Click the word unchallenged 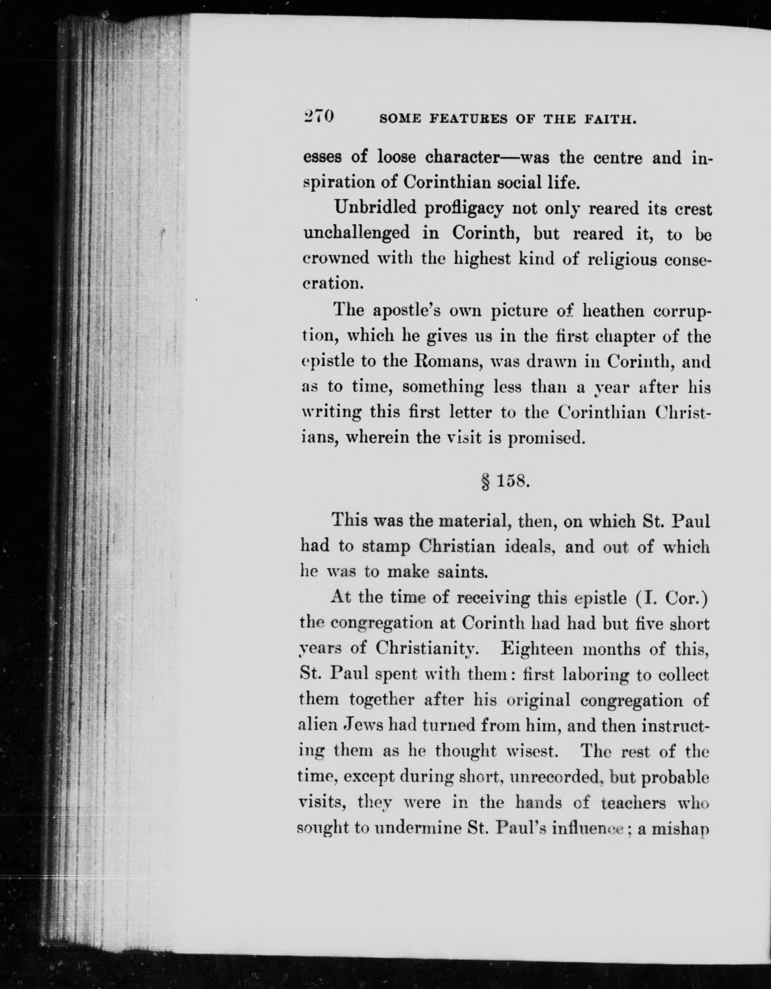(x=356, y=233)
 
